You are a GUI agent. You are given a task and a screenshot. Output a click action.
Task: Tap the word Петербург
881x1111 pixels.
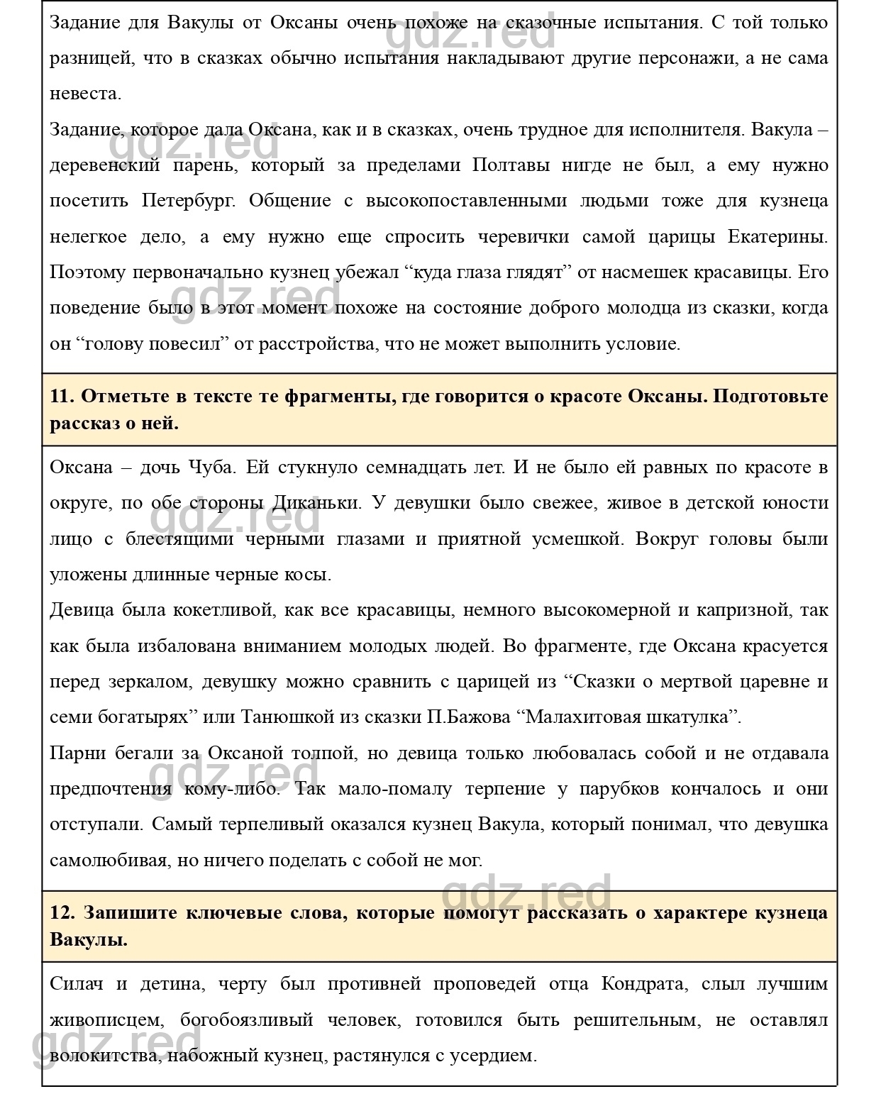[x=188, y=201]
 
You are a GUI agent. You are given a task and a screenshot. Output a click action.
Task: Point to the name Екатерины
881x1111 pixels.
[x=777, y=237]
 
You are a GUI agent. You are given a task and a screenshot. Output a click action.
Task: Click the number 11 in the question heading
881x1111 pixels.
[x=61, y=396]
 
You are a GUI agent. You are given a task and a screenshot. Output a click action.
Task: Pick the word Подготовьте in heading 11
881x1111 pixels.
[x=770, y=396]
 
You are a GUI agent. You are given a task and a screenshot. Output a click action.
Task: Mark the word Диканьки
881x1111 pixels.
[x=316, y=503]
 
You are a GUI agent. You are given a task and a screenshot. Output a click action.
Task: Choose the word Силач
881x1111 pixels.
[x=77, y=985]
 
